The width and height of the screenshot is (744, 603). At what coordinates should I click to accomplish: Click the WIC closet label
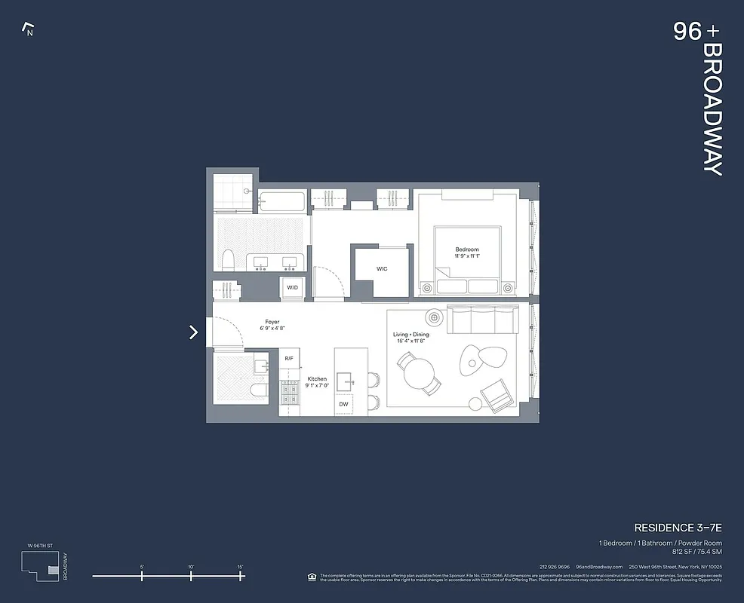(x=382, y=269)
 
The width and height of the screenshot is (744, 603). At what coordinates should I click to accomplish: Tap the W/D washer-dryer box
(x=291, y=288)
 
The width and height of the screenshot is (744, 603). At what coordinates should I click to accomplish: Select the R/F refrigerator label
(x=289, y=359)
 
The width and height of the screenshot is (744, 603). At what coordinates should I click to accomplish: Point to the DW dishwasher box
(x=343, y=405)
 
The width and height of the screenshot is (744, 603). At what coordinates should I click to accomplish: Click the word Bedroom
(x=466, y=249)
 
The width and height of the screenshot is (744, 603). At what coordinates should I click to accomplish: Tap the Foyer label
(x=272, y=322)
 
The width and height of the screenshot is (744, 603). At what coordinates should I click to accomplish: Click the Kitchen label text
(x=317, y=379)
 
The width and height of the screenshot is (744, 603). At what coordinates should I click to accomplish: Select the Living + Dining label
(x=411, y=335)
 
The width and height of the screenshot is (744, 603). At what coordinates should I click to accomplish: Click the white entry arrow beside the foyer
(x=194, y=332)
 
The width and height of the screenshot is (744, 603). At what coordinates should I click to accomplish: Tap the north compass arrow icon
(x=29, y=30)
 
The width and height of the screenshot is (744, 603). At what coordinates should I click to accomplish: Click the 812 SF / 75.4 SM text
(x=694, y=551)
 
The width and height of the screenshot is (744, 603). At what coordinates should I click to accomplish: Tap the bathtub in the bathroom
(x=282, y=202)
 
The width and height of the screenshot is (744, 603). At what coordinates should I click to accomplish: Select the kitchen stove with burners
(x=290, y=391)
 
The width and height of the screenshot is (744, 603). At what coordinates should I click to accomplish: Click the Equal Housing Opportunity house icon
(x=312, y=577)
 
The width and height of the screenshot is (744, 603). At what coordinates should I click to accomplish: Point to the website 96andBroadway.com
(x=599, y=567)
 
